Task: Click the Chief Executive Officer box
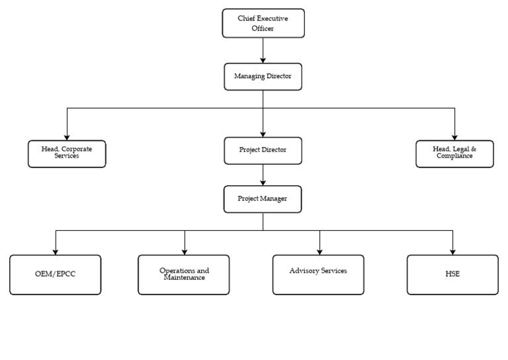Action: (263, 23)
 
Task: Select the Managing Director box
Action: (263, 76)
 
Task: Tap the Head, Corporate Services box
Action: (67, 153)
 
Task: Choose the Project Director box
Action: (263, 150)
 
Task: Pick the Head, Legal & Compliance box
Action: (454, 153)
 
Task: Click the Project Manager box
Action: (263, 199)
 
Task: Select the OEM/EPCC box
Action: (56, 275)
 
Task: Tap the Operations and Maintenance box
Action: (184, 275)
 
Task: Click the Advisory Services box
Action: (318, 275)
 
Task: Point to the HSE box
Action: (452, 275)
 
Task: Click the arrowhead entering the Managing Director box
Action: (263, 60)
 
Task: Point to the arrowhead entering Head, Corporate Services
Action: (67, 136)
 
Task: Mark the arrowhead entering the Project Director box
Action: (263, 134)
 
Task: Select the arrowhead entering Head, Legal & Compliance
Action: (454, 136)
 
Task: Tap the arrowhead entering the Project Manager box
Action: (263, 183)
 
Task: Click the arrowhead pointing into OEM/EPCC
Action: (56, 251)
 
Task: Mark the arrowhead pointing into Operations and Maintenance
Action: (184, 251)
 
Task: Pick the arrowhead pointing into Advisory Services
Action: (319, 251)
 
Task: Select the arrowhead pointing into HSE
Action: (452, 251)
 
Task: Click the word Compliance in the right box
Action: (454, 157)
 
